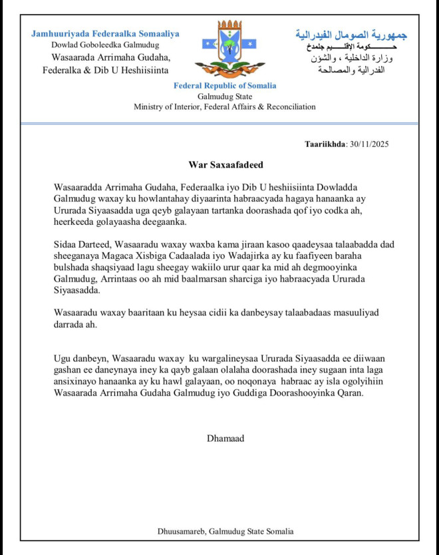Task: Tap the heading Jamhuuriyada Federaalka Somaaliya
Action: (105, 34)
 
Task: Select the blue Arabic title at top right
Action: (351, 35)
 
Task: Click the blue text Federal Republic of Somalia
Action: (225, 86)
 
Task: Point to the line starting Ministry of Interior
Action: (225, 106)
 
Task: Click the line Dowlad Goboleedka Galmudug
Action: (101, 45)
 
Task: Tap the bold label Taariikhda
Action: (325, 144)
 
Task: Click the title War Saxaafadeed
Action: (224, 163)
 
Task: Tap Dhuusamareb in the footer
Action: (181, 531)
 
